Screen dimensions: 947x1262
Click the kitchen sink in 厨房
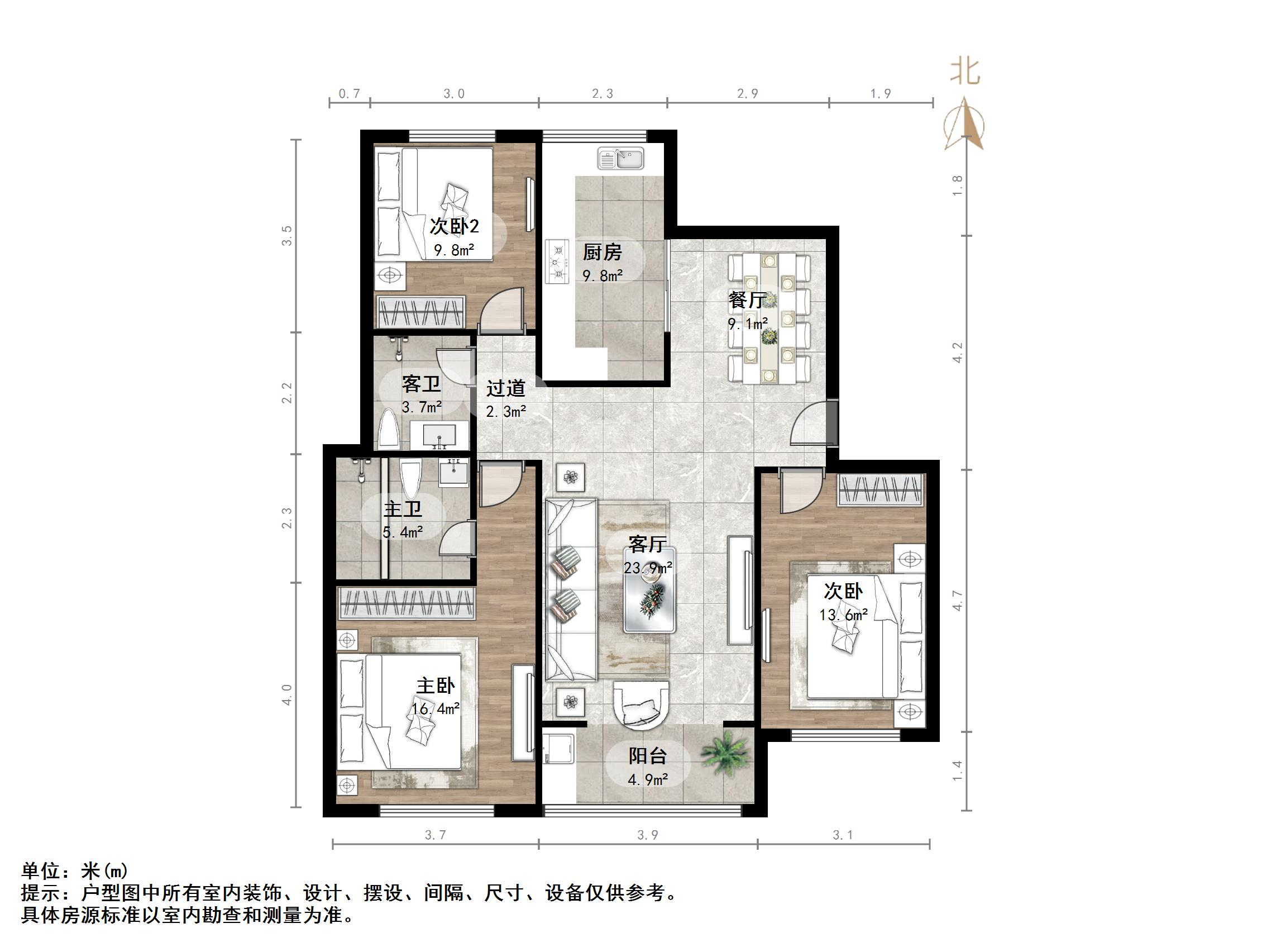click(x=621, y=158)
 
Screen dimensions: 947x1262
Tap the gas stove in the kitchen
click(x=557, y=261)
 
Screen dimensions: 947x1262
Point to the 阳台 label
click(x=648, y=756)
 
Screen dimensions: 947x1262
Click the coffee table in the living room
click(x=650, y=590)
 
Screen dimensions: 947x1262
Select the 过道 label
click(x=505, y=389)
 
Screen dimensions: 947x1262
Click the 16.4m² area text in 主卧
click(x=436, y=709)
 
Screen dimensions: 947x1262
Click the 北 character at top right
click(x=965, y=72)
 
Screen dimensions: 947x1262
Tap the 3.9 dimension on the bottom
click(x=648, y=835)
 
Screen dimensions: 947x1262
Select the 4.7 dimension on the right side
click(x=957, y=601)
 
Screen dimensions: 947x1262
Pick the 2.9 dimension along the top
click(x=747, y=94)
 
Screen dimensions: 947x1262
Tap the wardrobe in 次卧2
click(x=420, y=312)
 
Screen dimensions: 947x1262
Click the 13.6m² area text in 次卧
click(x=843, y=615)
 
